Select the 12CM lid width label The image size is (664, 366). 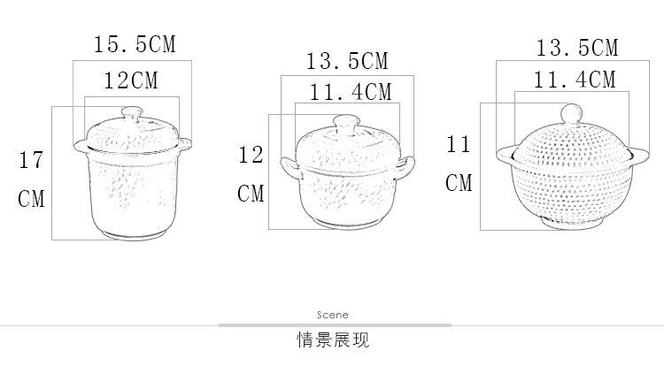coord(131,80)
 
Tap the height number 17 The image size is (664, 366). coord(32,160)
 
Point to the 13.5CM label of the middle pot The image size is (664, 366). coord(346,61)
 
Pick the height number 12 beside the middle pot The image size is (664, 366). coord(251,156)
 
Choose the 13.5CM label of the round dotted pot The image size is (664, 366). coord(577,47)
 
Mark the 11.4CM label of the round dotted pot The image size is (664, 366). coord(575,80)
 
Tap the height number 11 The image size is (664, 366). coord(459,144)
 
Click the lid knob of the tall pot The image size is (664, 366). coord(131,114)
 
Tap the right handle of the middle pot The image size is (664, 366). coord(407,164)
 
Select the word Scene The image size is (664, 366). coord(332,315)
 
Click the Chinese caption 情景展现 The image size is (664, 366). coord(332,339)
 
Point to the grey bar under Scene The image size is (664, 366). coord(332,325)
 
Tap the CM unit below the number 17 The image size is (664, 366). coord(32,198)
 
